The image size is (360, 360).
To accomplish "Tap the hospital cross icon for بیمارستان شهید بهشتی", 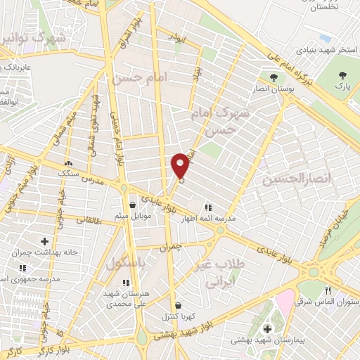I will coord(267,328).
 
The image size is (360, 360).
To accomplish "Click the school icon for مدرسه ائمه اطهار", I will coord(207,207).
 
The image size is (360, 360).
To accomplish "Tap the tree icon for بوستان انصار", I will coord(274,77).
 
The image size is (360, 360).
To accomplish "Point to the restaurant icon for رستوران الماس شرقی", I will coord(328,291).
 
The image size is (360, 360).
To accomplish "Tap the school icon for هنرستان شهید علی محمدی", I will coord(127,283).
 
